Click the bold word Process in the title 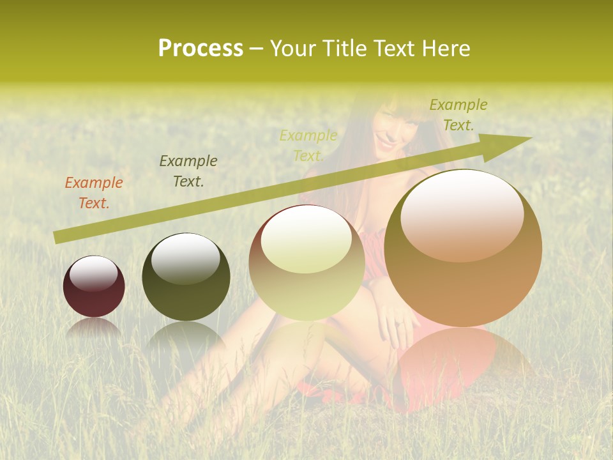[x=201, y=49]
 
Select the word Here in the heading [x=447, y=49]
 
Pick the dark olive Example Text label [x=188, y=171]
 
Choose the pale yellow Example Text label [x=308, y=146]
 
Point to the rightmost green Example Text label [x=458, y=115]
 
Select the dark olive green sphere [x=186, y=277]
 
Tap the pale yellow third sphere [x=306, y=263]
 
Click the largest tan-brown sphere [x=463, y=249]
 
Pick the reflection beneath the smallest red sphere [x=93, y=328]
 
